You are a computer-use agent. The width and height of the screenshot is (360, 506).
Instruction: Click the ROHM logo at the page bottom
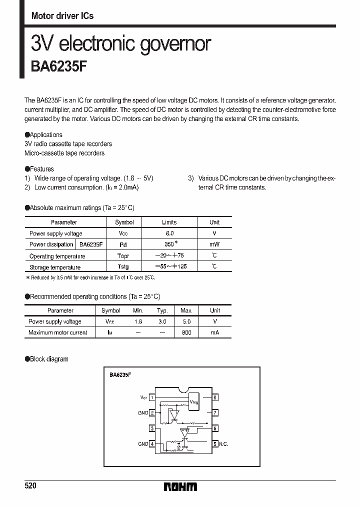click(x=180, y=487)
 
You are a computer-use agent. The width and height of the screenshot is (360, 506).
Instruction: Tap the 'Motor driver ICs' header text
click(x=62, y=16)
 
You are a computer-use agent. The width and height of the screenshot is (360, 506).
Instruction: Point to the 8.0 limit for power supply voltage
click(x=169, y=233)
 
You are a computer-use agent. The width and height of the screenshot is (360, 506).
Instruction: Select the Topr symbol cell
click(x=123, y=256)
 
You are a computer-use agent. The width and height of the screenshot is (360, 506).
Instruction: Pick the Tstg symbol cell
click(x=123, y=267)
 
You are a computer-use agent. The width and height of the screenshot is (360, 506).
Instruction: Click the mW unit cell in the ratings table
click(x=214, y=244)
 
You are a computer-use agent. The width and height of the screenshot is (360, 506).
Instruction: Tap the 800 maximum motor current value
click(x=186, y=332)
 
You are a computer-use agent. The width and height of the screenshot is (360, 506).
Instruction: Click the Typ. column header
click(x=162, y=310)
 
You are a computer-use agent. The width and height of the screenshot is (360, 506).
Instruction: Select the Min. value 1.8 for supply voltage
click(x=138, y=321)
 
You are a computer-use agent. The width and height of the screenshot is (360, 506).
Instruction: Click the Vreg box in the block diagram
click(x=194, y=401)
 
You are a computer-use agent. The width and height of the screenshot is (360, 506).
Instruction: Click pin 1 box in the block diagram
click(x=151, y=397)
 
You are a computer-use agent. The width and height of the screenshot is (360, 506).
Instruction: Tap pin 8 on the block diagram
click(x=215, y=397)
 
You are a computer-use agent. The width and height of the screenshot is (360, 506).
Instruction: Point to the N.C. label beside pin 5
click(x=223, y=444)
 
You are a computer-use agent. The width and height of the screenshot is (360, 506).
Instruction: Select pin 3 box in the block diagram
click(x=151, y=428)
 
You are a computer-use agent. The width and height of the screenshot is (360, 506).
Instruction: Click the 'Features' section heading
click(x=41, y=169)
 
